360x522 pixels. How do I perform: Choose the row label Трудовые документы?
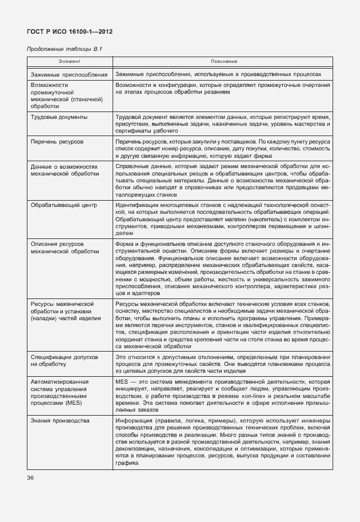pos(59,117)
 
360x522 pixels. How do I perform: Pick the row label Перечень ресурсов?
pos(58,141)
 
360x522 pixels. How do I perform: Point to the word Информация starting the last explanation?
pos(132,421)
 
